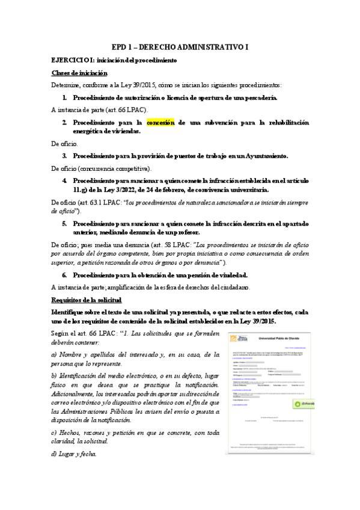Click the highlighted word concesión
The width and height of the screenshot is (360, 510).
tap(160, 123)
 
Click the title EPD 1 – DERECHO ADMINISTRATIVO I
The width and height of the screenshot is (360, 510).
tap(180, 48)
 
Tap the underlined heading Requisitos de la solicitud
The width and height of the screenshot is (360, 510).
tap(87, 299)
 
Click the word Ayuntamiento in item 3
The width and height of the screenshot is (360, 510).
tap(262, 155)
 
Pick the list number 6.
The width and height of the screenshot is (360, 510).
tap(64, 275)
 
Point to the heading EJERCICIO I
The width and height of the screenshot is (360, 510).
tap(72, 61)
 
